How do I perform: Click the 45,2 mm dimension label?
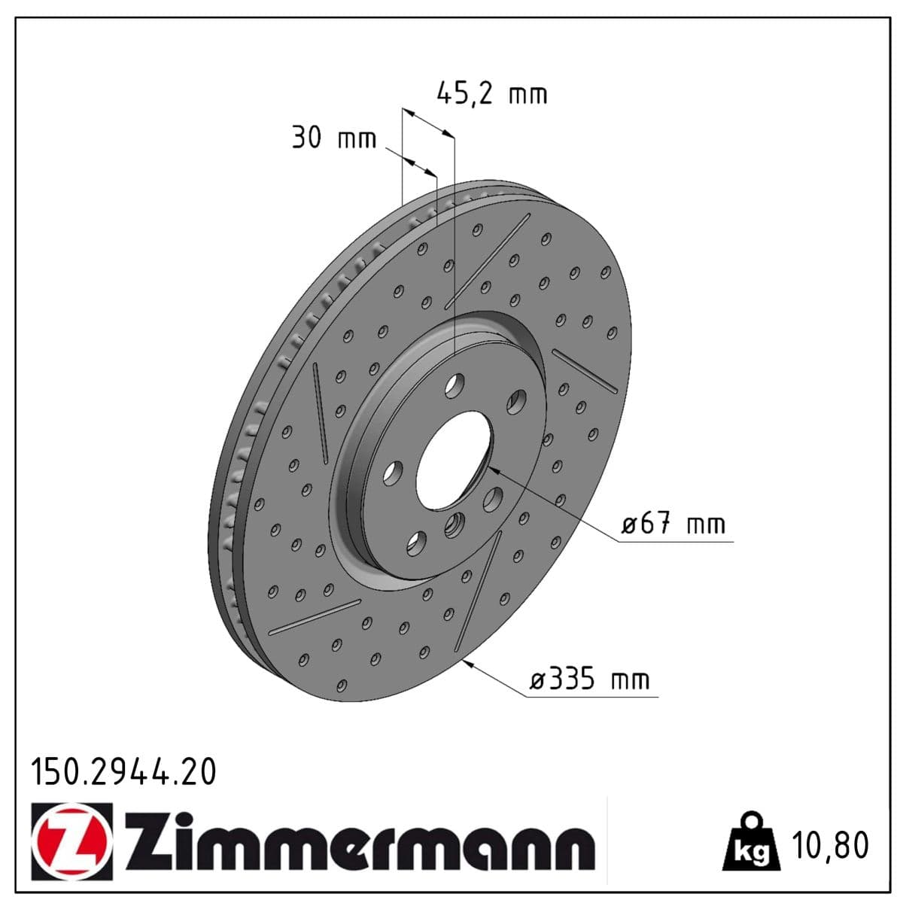click(x=491, y=93)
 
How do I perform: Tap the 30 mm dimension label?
click(x=333, y=138)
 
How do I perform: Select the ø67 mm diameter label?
click(x=673, y=524)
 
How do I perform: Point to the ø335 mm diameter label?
click(x=589, y=680)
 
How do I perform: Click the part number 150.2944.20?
click(x=123, y=772)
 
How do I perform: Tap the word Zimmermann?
click(x=360, y=841)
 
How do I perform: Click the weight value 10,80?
click(x=830, y=845)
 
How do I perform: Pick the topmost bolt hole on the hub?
click(x=454, y=385)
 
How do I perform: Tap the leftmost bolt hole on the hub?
click(x=392, y=473)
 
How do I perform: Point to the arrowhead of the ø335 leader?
click(x=467, y=661)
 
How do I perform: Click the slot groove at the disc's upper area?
click(x=488, y=260)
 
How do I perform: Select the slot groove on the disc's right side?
click(x=585, y=370)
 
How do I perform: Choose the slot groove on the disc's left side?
click(x=320, y=412)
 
